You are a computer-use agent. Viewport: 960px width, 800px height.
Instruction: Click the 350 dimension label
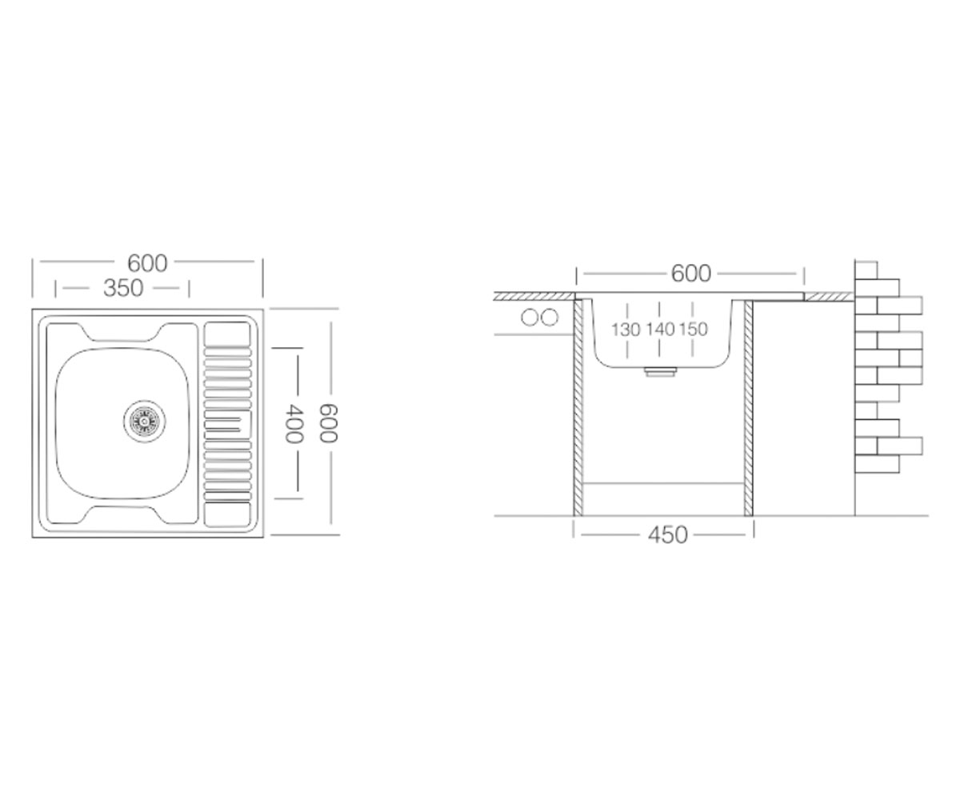click(123, 288)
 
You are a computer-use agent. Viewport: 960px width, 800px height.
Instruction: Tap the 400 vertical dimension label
click(294, 423)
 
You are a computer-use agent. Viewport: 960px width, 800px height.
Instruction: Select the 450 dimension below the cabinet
click(667, 534)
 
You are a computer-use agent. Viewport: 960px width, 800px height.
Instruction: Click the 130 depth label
click(626, 329)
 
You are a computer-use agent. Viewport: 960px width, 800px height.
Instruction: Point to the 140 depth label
click(660, 329)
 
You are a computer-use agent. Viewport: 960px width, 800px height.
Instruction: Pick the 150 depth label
click(694, 329)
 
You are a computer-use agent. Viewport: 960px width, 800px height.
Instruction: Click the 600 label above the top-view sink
click(147, 263)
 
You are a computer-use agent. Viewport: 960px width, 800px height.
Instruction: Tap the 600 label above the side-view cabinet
click(691, 274)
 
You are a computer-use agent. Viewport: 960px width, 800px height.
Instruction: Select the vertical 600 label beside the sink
click(328, 423)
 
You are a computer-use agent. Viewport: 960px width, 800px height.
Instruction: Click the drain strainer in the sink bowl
click(144, 422)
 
